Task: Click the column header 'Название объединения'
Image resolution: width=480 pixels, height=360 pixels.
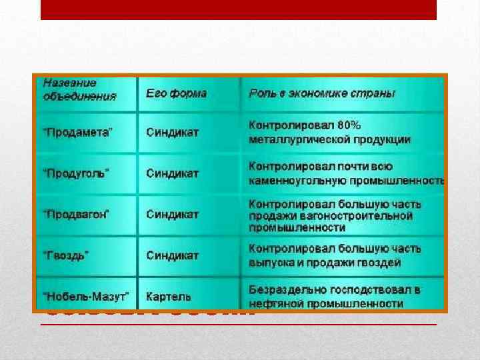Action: pos(79,89)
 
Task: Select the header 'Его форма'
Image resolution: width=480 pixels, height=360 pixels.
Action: pos(176,93)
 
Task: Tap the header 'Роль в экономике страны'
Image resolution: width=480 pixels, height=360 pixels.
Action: pos(322,93)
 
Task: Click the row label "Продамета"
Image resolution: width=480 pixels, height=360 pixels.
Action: pos(78,132)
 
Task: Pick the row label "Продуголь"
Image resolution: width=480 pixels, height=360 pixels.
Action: pos(76,173)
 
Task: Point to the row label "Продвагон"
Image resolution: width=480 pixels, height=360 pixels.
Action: pos(77,215)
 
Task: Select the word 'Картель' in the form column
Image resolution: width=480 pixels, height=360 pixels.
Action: pos(169,296)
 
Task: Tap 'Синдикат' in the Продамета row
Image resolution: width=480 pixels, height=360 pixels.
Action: pos(173,132)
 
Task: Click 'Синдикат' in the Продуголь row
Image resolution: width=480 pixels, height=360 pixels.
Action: pos(173,173)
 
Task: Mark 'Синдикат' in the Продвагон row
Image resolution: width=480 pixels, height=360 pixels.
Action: pos(173,215)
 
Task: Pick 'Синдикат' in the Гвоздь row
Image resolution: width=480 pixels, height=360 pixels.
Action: pos(173,255)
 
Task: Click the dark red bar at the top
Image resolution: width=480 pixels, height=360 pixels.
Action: pos(239,9)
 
